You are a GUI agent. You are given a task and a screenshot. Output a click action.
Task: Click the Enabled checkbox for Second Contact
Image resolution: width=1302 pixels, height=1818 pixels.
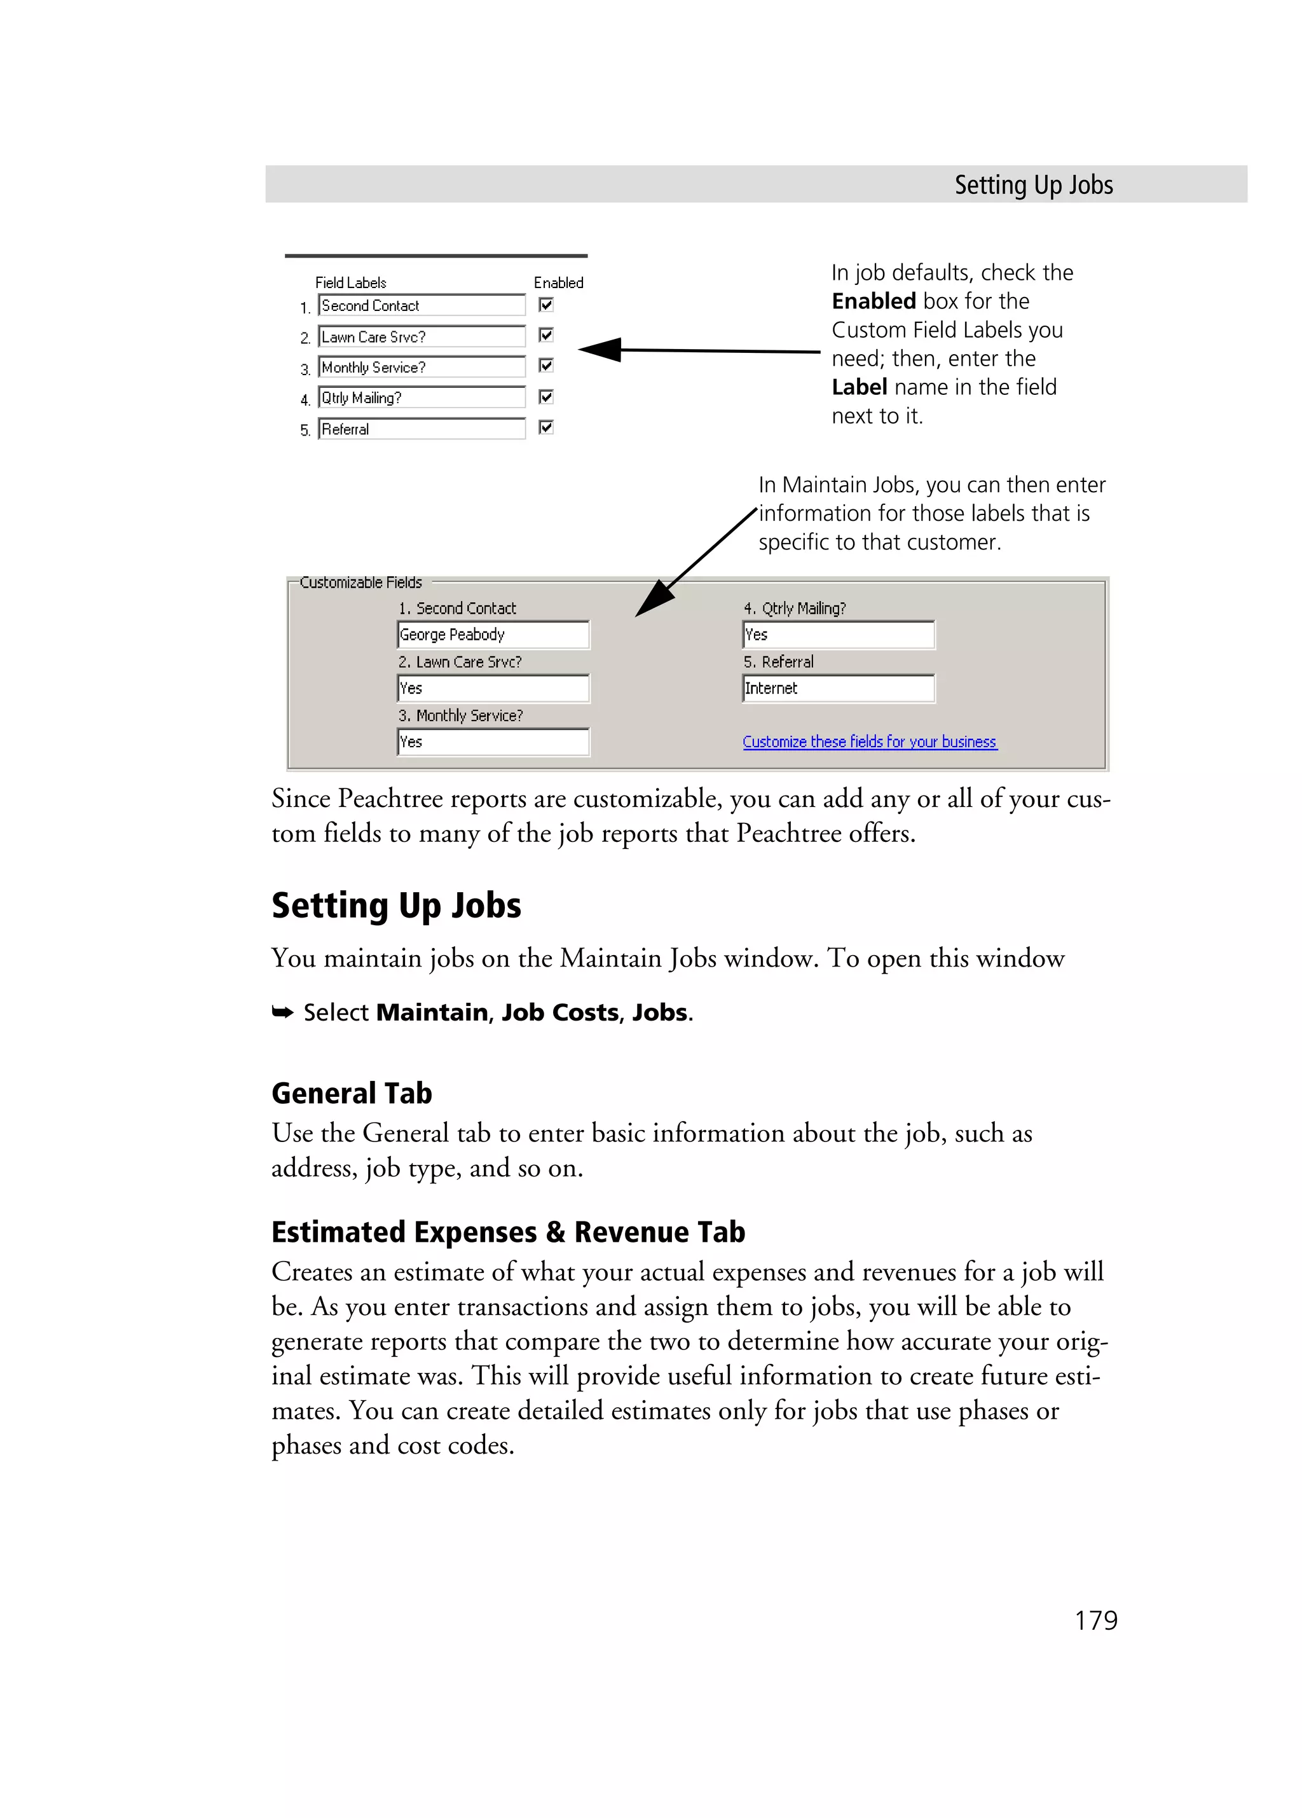point(545,305)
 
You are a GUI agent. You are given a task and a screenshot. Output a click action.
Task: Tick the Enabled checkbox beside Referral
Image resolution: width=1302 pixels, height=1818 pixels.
point(545,427)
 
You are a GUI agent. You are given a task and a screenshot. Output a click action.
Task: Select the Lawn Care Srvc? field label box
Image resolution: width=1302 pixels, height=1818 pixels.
point(421,336)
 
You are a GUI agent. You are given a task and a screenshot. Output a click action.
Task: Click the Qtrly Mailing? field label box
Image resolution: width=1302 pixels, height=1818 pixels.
point(421,397)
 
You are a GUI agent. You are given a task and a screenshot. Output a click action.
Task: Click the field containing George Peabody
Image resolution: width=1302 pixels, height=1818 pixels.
point(493,635)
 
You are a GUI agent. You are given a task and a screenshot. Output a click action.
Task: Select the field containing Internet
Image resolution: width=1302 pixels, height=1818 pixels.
point(838,689)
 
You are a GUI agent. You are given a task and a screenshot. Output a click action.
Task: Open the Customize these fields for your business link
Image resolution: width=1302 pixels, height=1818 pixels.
point(869,741)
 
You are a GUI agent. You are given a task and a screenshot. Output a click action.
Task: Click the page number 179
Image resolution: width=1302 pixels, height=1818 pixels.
point(1095,1621)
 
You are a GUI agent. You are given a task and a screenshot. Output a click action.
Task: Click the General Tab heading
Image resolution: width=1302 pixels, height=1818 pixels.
point(352,1093)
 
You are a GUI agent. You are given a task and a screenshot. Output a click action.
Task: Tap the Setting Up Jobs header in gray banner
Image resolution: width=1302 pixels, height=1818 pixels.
point(1033,185)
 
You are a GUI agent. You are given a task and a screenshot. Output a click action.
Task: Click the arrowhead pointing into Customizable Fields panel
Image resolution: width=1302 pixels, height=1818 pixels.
point(653,600)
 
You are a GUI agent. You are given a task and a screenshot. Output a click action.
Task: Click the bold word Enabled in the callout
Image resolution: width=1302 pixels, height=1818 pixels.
point(874,301)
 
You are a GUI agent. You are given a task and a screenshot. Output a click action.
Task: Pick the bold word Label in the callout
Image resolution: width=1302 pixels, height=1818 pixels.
point(859,387)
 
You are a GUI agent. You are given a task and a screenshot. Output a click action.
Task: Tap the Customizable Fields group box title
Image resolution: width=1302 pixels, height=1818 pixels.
point(360,582)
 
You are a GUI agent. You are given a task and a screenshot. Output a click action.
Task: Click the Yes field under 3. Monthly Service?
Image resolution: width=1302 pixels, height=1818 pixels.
point(493,742)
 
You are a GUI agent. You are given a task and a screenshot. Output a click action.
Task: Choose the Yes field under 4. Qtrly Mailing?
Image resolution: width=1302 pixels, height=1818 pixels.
point(838,635)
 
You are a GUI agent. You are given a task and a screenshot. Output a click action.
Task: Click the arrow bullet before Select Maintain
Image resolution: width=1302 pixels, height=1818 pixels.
point(282,1013)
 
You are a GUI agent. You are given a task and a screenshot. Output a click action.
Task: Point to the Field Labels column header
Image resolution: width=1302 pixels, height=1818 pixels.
point(350,283)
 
